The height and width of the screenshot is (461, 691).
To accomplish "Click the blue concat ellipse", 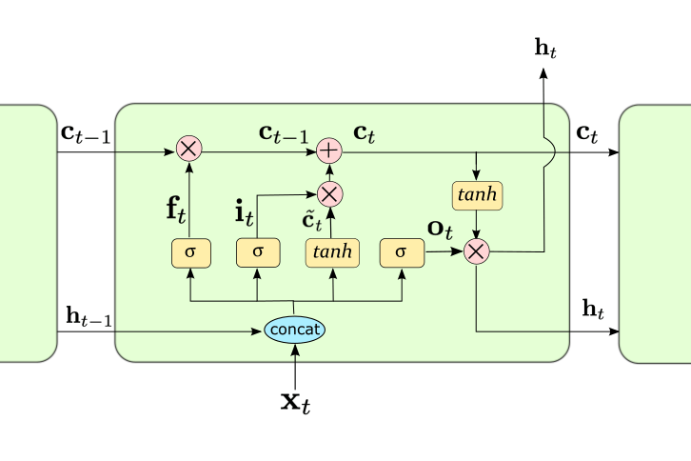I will (x=295, y=330).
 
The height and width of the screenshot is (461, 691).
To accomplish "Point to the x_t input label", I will (x=295, y=401).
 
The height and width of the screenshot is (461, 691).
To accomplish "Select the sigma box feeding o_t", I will (x=400, y=252).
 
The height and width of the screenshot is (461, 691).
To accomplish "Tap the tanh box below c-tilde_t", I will (x=332, y=252).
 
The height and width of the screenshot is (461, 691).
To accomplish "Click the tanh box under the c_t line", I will (x=475, y=195).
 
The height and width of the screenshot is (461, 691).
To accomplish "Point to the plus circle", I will (x=329, y=150).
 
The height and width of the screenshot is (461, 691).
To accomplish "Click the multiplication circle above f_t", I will (x=188, y=150).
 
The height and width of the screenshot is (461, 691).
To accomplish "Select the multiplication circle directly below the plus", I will (x=329, y=194).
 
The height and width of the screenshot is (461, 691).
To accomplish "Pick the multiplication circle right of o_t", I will (x=475, y=251).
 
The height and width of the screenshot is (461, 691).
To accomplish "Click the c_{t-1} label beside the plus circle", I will (x=284, y=134).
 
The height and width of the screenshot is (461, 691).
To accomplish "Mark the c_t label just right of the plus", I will (x=364, y=134).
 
